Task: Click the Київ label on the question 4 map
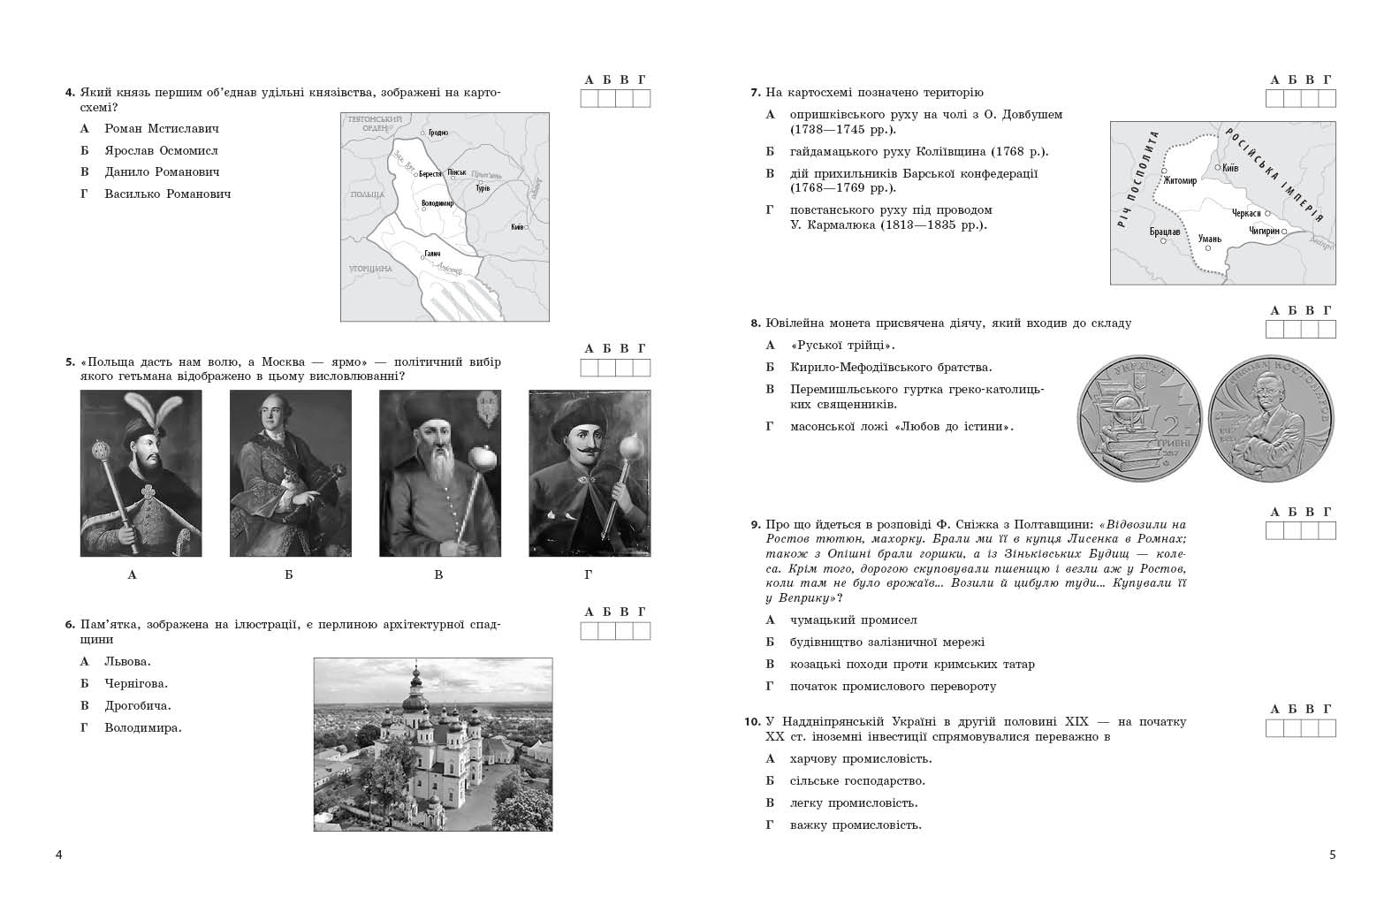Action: (516, 227)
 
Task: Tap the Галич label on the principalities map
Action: (432, 254)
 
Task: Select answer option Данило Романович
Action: (162, 172)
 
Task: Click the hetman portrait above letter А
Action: (141, 474)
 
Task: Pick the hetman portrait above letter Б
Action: (290, 474)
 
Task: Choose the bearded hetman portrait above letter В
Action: (439, 474)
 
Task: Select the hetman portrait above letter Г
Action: (589, 474)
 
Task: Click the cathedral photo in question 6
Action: (433, 744)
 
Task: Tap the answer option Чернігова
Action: (136, 683)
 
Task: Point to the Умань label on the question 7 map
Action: (1208, 238)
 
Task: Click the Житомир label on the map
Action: (1181, 181)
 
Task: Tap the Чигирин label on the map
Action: (1264, 231)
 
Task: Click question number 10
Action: (751, 722)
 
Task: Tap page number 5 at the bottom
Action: (1333, 855)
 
